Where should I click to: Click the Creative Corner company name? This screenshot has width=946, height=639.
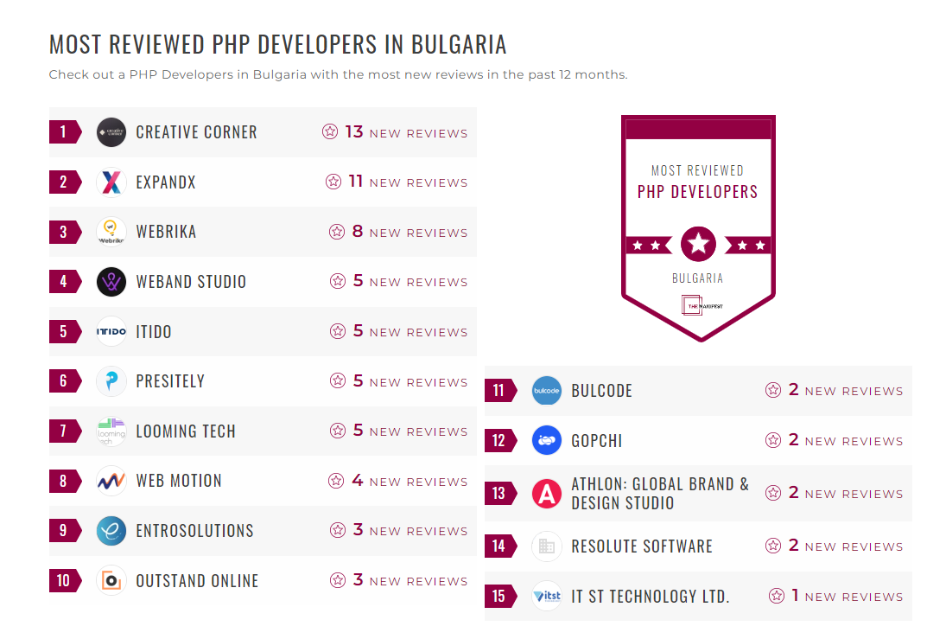pyautogui.click(x=196, y=132)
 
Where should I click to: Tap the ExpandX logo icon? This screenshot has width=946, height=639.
pyautogui.click(x=111, y=182)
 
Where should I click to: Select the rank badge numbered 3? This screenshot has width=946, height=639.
pyautogui.click(x=64, y=232)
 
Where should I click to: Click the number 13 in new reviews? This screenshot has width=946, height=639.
pyautogui.click(x=354, y=132)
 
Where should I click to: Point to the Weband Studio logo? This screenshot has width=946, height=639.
pyautogui.click(x=111, y=282)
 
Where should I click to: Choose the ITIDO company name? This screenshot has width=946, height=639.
pyautogui.click(x=154, y=332)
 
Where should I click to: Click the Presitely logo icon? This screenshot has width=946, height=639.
pyautogui.click(x=111, y=381)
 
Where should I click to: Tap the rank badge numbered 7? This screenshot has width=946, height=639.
pyautogui.click(x=64, y=431)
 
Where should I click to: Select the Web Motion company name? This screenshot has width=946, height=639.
pyautogui.click(x=179, y=481)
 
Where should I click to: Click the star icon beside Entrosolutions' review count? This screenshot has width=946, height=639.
pyautogui.click(x=338, y=531)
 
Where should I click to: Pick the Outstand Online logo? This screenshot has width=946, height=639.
pyautogui.click(x=111, y=580)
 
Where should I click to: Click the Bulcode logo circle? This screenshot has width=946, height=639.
pyautogui.click(x=547, y=391)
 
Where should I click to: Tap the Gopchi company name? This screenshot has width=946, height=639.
pyautogui.click(x=597, y=441)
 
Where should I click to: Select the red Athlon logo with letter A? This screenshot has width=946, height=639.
pyautogui.click(x=547, y=494)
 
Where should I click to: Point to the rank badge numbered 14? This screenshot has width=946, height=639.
pyautogui.click(x=499, y=546)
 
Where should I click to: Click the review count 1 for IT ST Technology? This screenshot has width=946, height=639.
pyautogui.click(x=795, y=596)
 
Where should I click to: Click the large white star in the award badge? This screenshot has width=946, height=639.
pyautogui.click(x=698, y=244)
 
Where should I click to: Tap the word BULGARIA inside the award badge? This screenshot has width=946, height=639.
pyautogui.click(x=698, y=278)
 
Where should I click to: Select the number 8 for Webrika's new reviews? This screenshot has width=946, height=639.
pyautogui.click(x=358, y=232)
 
